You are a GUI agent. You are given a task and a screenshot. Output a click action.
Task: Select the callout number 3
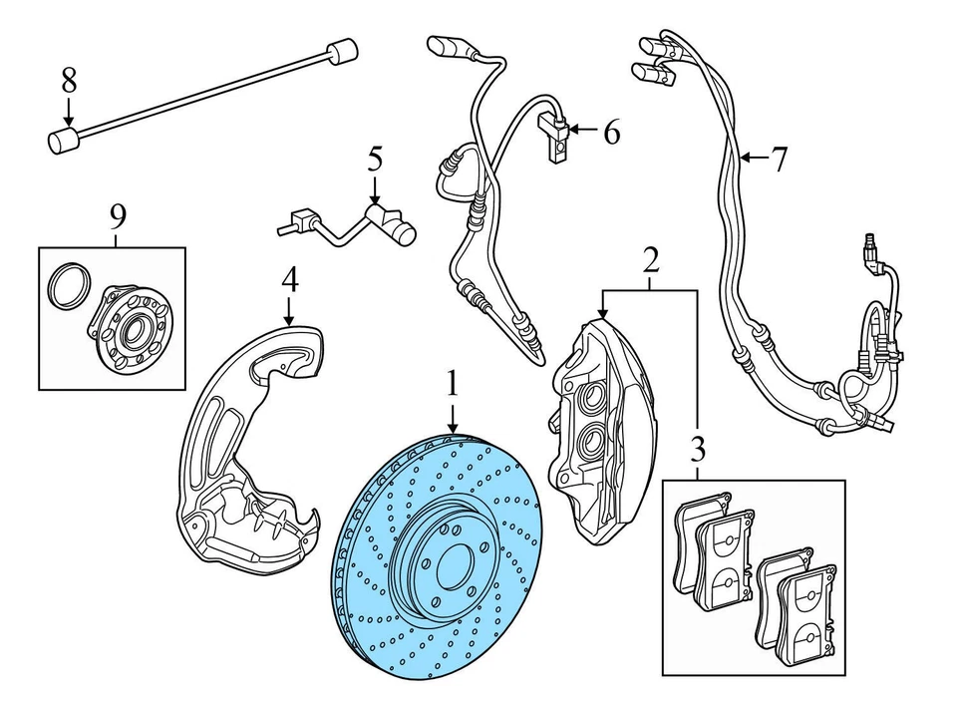(697, 445)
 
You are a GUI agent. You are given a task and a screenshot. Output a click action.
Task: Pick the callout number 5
(374, 158)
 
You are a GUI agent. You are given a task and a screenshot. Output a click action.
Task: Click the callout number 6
(610, 131)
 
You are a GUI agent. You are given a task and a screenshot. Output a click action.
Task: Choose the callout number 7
(779, 157)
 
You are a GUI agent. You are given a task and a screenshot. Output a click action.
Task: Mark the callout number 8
(68, 81)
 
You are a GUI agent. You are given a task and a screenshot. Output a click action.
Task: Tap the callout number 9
(118, 214)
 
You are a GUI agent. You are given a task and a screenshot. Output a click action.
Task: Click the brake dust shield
(249, 449)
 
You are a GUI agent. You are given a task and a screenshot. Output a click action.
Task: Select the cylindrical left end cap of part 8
(62, 141)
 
